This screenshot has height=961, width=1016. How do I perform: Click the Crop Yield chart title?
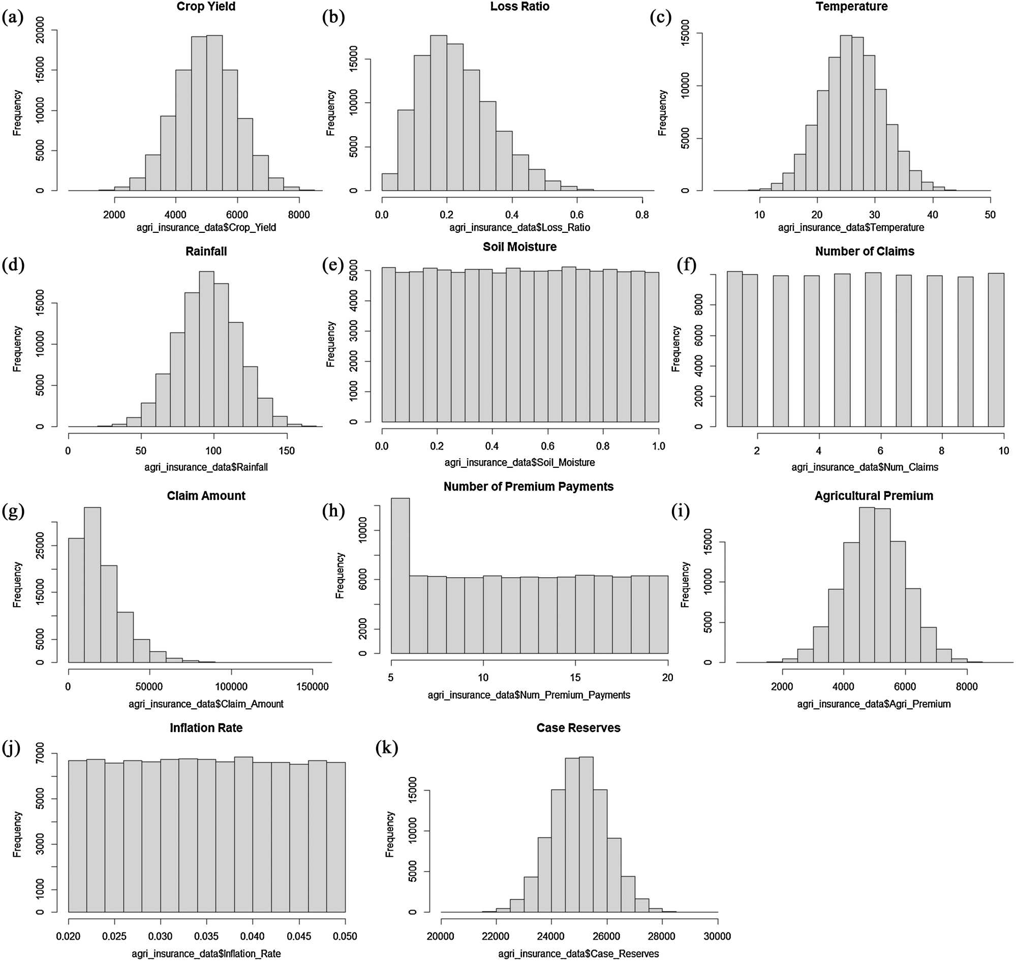coord(206,7)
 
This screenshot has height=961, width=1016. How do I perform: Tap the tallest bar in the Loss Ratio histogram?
coord(438,113)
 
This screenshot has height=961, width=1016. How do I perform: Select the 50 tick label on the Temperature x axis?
coord(990,215)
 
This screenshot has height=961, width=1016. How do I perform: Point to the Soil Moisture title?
coord(519,247)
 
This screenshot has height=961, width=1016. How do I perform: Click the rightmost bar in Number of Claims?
coord(996,350)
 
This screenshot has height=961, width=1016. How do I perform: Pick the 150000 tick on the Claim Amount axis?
coord(313,687)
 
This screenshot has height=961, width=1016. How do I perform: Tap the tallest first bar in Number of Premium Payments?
coord(400,575)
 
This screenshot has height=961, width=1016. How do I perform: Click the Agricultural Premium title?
coord(874,496)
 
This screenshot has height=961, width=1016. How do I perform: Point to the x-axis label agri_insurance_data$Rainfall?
coord(206,467)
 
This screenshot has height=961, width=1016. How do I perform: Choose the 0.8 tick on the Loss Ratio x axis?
coord(642,215)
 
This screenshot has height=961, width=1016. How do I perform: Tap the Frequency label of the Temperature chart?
coord(662,113)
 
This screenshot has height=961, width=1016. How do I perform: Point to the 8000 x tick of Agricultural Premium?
coord(966,687)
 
